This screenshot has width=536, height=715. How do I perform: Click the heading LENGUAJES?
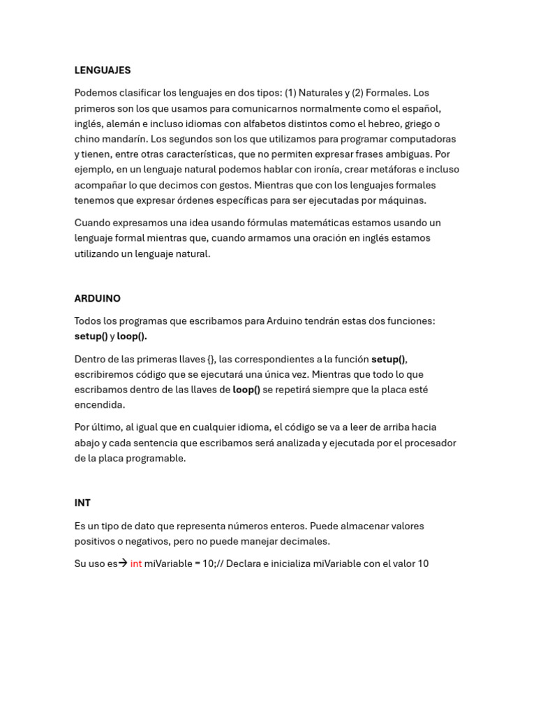pyautogui.click(x=103, y=71)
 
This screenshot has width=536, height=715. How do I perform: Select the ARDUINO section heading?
pyautogui.click(x=98, y=298)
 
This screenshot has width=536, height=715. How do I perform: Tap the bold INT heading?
pyautogui.click(x=82, y=503)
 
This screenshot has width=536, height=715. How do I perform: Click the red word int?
pyautogui.click(x=136, y=563)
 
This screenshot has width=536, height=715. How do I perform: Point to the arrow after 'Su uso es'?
pyautogui.click(x=123, y=563)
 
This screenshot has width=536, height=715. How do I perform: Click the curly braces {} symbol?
pyautogui.click(x=211, y=359)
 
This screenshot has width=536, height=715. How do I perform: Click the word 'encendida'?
pyautogui.click(x=99, y=405)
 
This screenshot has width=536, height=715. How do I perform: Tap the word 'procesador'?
pyautogui.click(x=429, y=443)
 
